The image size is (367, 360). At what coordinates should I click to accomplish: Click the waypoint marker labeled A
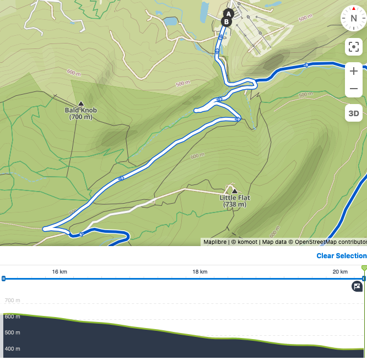click(x=229, y=13)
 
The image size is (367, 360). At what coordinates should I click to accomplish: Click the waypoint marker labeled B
click(x=226, y=21)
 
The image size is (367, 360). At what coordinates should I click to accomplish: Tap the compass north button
click(x=353, y=18)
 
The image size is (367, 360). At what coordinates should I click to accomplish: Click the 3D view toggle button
click(x=353, y=114)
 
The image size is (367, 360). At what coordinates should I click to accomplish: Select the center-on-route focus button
click(x=353, y=47)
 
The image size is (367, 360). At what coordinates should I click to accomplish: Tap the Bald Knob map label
click(x=80, y=113)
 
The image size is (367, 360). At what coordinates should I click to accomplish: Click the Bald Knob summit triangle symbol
click(x=80, y=103)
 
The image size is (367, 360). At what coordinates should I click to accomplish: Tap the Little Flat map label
click(x=235, y=201)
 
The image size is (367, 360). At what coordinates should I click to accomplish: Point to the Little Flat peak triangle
click(x=235, y=190)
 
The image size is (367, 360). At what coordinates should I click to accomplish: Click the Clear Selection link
click(x=341, y=256)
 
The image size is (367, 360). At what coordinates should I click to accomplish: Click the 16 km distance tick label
click(x=60, y=272)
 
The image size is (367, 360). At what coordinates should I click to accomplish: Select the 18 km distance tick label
click(x=199, y=272)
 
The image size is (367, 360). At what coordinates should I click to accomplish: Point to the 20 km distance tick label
click(x=340, y=272)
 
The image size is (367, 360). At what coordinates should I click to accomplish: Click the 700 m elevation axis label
click(x=12, y=301)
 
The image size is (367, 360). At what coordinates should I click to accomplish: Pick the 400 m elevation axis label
click(x=12, y=349)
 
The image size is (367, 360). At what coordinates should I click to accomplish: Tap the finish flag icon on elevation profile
click(x=358, y=286)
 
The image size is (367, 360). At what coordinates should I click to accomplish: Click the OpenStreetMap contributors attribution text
click(x=331, y=242)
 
